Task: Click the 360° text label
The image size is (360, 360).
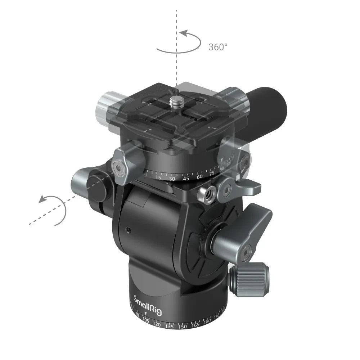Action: (x=218, y=47)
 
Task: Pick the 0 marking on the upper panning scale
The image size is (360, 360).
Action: (x=145, y=174)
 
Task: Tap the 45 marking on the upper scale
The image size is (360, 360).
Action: (x=186, y=178)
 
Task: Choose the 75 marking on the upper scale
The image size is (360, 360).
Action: (x=212, y=173)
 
